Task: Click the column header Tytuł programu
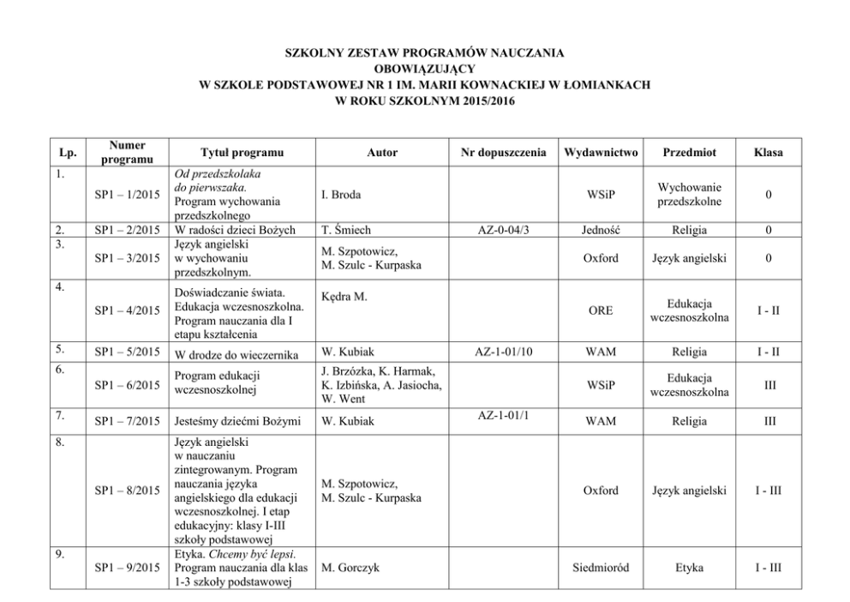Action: click(242, 153)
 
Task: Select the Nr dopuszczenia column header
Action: click(503, 153)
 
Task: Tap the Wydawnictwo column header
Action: click(600, 153)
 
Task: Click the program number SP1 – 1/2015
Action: click(129, 195)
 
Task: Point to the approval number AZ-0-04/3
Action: click(503, 230)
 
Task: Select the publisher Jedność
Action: click(600, 230)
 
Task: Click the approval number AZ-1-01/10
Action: click(503, 352)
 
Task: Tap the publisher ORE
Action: click(600, 310)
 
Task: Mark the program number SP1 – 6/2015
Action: click(129, 386)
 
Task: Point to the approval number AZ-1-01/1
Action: click(503, 415)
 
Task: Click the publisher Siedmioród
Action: click(600, 567)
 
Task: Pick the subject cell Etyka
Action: click(689, 567)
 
